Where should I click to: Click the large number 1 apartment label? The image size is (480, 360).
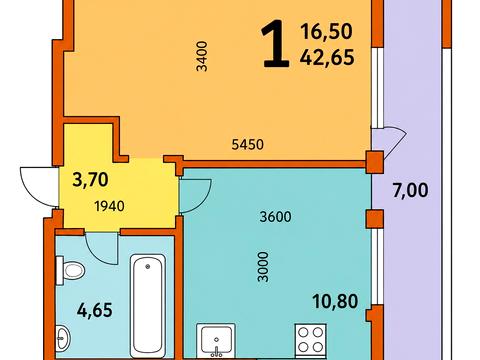pyautogui.click(x=274, y=43)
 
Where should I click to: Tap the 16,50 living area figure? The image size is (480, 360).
pyautogui.click(x=326, y=31)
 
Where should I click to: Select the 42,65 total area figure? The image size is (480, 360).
pyautogui.click(x=327, y=57)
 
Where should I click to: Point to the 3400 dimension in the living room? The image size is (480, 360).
pyautogui.click(x=202, y=56)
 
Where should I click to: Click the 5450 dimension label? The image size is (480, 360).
pyautogui.click(x=247, y=144)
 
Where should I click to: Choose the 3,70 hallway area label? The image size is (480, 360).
pyautogui.click(x=90, y=179)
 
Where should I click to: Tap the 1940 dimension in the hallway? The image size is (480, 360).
pyautogui.click(x=110, y=206)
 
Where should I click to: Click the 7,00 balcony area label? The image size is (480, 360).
pyautogui.click(x=410, y=191)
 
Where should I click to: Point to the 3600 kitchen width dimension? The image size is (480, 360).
pyautogui.click(x=275, y=217)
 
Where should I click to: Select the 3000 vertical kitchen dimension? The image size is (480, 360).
pyautogui.click(x=263, y=267)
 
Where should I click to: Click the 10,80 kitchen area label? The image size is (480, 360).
pyautogui.click(x=335, y=301)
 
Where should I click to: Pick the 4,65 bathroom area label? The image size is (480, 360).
pyautogui.click(x=95, y=310)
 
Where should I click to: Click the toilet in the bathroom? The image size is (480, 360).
pyautogui.click(x=70, y=270)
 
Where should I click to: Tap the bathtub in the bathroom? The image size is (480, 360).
pyautogui.click(x=147, y=306)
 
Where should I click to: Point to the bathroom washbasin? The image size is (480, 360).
pyautogui.click(x=62, y=338)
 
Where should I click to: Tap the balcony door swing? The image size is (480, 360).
pyautogui.click(x=394, y=142)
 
